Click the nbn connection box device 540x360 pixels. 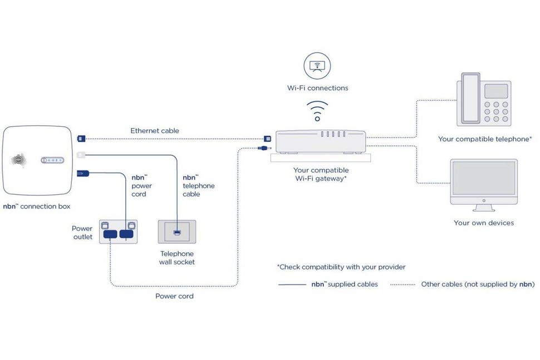[x=38, y=161]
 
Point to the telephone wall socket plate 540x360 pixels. [x=176, y=231]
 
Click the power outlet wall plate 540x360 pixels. [x=118, y=231]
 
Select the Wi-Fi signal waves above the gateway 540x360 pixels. [x=317, y=110]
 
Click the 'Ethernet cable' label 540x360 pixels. [x=155, y=131]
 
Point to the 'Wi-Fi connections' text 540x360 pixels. [x=317, y=88]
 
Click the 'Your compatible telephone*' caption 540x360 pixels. [x=484, y=139]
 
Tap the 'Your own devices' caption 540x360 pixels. [x=483, y=223]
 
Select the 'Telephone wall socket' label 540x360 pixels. [x=176, y=258]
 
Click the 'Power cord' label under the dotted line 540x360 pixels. [x=174, y=296]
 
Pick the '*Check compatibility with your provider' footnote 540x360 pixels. [x=341, y=267]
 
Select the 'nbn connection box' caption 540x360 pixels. [x=37, y=206]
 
